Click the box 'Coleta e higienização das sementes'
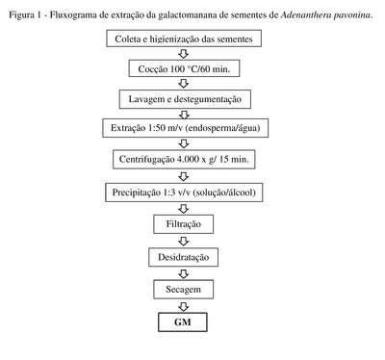(x=184, y=39)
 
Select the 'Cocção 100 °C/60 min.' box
(x=184, y=68)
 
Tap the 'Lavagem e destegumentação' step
(x=185, y=99)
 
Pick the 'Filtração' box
(x=184, y=223)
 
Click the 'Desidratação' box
(x=184, y=257)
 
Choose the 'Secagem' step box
(x=184, y=289)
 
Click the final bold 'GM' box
(x=183, y=321)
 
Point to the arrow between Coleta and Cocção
(x=184, y=53)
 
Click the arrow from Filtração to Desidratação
(x=184, y=241)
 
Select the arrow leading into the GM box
(x=184, y=306)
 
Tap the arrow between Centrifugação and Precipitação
(x=184, y=176)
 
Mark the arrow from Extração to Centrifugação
(x=184, y=143)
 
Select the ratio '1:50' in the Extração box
(x=157, y=128)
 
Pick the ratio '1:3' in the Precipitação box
(x=169, y=193)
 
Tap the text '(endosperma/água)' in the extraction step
(x=223, y=128)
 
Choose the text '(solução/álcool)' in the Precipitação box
(x=225, y=193)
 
